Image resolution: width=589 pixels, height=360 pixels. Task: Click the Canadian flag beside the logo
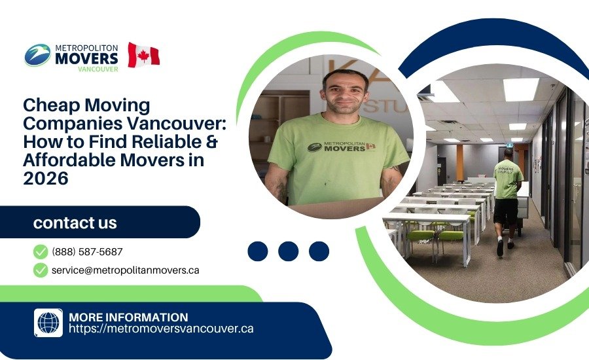pyautogui.click(x=143, y=55)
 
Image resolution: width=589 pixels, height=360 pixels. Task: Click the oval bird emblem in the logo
pyautogui.click(x=37, y=55)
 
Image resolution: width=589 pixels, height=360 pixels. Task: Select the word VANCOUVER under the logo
pyautogui.click(x=98, y=69)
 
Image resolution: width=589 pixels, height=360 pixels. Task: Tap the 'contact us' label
pyautogui.click(x=75, y=223)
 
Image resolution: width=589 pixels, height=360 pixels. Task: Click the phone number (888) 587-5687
pyautogui.click(x=87, y=251)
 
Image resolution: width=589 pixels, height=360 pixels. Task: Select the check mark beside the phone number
pyautogui.click(x=41, y=251)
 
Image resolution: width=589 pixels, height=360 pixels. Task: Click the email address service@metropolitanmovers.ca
pyautogui.click(x=125, y=270)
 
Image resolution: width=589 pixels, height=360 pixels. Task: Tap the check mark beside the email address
pyautogui.click(x=41, y=270)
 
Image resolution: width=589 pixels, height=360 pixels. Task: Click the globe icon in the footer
pyautogui.click(x=48, y=323)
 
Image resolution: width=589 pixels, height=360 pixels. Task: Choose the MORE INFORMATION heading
pyautogui.click(x=128, y=317)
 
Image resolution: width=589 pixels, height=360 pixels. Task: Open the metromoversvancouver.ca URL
pyautogui.click(x=161, y=329)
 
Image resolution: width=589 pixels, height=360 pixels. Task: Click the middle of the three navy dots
pyautogui.click(x=288, y=251)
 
